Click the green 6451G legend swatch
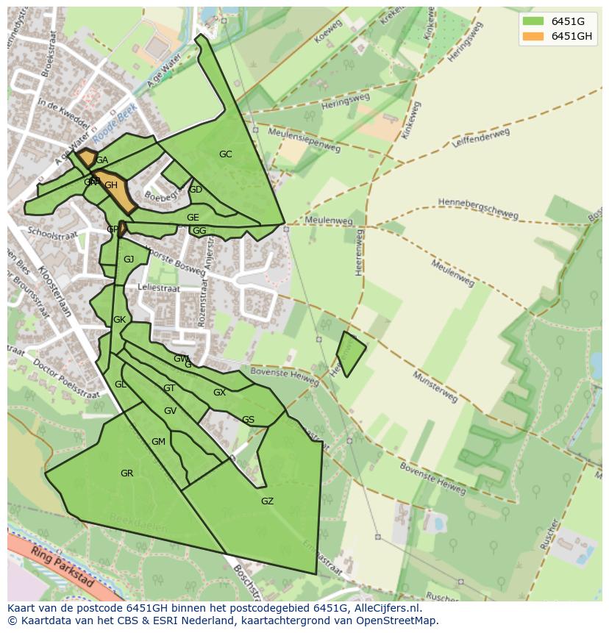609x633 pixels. pos(533,21)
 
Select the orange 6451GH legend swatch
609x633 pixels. pos(533,36)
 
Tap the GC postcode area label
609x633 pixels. pos(225,154)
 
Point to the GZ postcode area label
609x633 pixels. pos(267,501)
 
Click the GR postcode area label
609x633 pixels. pos(127,473)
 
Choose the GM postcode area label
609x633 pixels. pos(158,442)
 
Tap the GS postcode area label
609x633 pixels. pos(248,420)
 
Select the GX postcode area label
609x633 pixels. pos(219,393)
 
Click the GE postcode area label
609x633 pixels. pos(193,218)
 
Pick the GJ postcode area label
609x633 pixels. pos(129,260)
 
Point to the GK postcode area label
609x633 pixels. pos(119,320)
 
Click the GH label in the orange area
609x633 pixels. pos(111,185)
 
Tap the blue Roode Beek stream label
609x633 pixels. pos(115,126)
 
